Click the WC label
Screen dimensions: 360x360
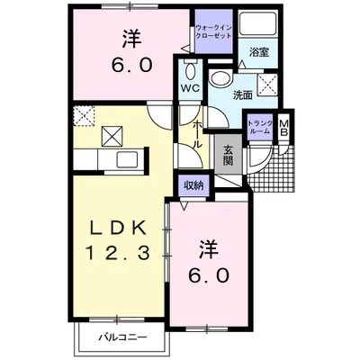pyautogui.click(x=190, y=88)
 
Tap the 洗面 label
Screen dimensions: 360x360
pyautogui.click(x=243, y=94)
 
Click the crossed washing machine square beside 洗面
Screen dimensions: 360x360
pyautogui.click(x=267, y=85)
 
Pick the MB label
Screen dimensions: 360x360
pyautogui.click(x=283, y=129)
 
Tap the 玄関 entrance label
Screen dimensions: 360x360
pyautogui.click(x=228, y=156)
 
